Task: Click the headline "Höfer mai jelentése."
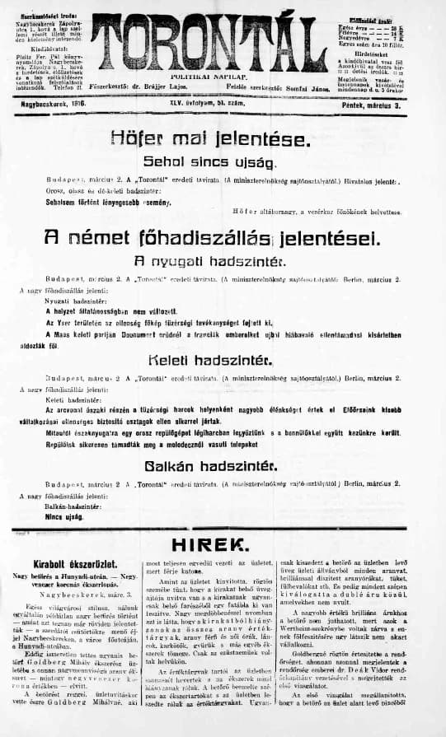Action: point(222,138)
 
